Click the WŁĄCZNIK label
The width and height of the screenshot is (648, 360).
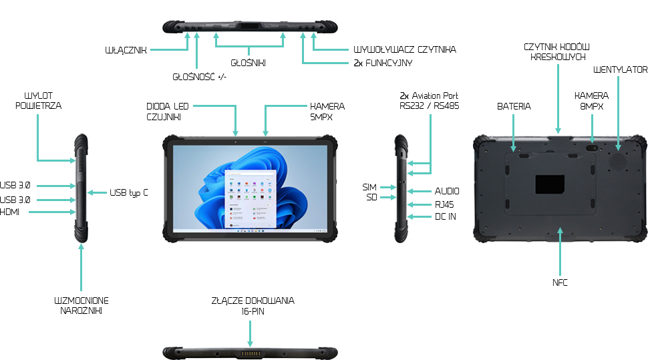click(126, 50)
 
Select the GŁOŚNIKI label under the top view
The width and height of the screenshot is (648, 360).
click(249, 63)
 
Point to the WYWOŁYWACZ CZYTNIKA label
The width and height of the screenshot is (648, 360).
click(404, 50)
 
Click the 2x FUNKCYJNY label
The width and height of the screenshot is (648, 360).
click(383, 63)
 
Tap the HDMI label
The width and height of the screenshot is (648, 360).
click(10, 212)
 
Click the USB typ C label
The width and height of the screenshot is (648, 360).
click(129, 193)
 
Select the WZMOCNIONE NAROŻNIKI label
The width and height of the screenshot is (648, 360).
click(81, 305)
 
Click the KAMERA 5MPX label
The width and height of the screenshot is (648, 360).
click(327, 111)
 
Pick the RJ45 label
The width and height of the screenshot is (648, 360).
click(444, 204)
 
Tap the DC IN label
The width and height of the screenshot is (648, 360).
click(445, 217)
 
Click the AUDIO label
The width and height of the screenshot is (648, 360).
click(447, 192)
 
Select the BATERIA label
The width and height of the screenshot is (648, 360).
click(514, 107)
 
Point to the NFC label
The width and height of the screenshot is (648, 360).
click(560, 283)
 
